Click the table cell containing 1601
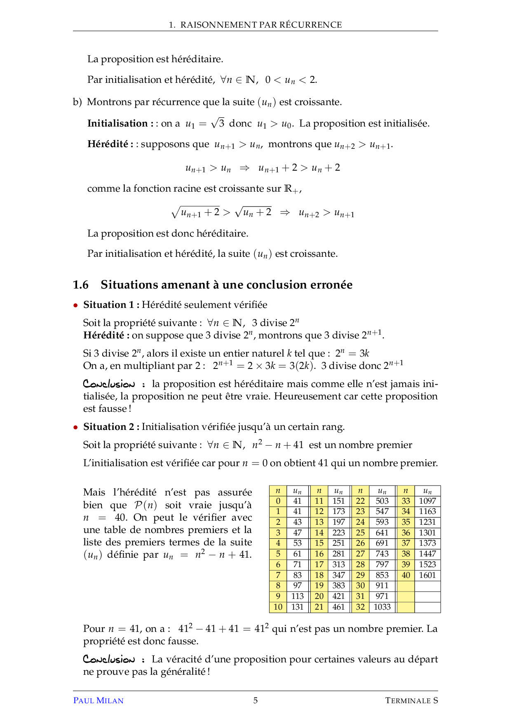427,575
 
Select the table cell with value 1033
382,607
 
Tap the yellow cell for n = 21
319,607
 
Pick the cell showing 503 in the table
382,501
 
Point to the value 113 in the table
297,596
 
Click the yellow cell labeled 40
406,575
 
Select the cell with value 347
338,575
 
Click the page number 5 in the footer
255,700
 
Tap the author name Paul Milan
98,700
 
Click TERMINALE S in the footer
411,700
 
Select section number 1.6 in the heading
81,285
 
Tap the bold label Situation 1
109,305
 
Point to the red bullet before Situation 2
75,427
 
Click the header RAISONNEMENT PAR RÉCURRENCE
261,25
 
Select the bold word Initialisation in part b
117,123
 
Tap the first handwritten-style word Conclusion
109,384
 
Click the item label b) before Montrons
77,102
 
